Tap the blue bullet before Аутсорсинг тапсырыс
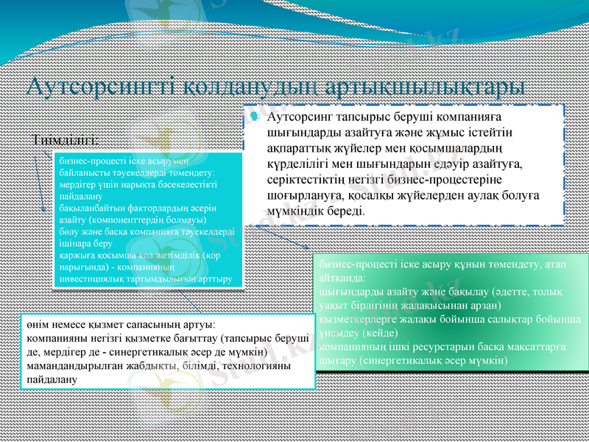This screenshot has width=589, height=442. [x=254, y=117]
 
